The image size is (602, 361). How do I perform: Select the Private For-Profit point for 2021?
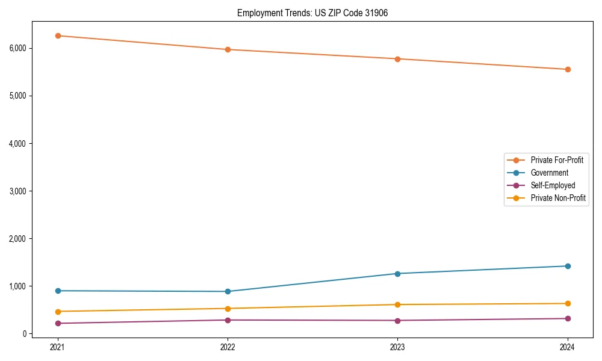pos(58,35)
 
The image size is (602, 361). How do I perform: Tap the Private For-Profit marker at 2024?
pos(568,69)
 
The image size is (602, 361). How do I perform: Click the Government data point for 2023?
pos(397,274)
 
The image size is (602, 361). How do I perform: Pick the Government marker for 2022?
pos(228,291)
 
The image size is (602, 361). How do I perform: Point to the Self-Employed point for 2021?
pos(58,323)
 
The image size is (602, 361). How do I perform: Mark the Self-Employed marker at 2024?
pos(568,318)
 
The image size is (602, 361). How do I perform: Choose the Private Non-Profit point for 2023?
pos(397,304)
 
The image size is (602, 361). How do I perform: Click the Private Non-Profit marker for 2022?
pos(228,309)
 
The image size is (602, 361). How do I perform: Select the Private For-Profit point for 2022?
pos(228,49)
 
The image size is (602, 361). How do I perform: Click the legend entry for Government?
pos(549,173)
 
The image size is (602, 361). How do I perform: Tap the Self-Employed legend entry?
pos(553,185)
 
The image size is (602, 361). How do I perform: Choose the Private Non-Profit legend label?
pos(558,198)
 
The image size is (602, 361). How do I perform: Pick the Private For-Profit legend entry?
pos(557,160)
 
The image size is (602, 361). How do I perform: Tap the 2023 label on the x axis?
pos(397,347)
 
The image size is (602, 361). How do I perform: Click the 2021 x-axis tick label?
pos(58,347)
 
